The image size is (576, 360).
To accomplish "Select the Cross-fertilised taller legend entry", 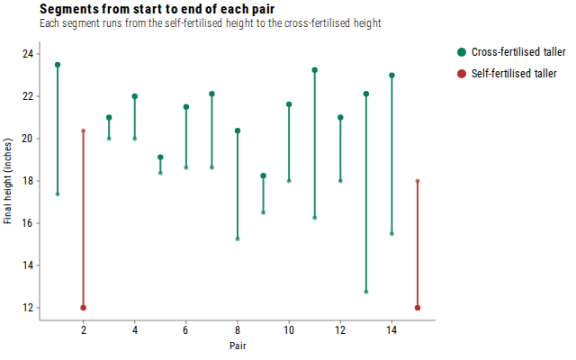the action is (x=511, y=52).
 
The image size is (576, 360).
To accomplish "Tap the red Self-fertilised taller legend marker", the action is (x=462, y=74).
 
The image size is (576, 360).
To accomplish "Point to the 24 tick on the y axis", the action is (x=28, y=54).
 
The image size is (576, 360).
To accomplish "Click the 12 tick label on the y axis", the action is (x=28, y=308).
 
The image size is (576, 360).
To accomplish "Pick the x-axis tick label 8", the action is (x=238, y=330).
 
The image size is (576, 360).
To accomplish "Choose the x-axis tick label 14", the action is (x=391, y=330).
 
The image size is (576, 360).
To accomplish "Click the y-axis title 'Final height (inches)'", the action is (x=8, y=181).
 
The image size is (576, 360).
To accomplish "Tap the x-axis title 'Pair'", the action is (x=238, y=346).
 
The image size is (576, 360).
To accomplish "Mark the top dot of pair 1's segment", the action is (x=58, y=65).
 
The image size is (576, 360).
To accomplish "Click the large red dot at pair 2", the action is (x=84, y=308).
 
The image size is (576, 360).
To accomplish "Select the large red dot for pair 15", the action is (x=418, y=308).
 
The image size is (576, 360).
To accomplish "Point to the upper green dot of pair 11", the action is (x=315, y=70).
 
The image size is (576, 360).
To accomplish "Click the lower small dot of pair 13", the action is (x=366, y=292).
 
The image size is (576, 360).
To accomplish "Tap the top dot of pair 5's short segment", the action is (x=160, y=157).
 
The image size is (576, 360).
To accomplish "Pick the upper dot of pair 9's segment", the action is (x=264, y=175).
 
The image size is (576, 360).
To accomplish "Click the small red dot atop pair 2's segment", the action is (x=84, y=130).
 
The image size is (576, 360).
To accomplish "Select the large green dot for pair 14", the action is (x=391, y=76).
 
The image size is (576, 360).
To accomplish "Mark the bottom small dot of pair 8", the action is (x=238, y=238).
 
